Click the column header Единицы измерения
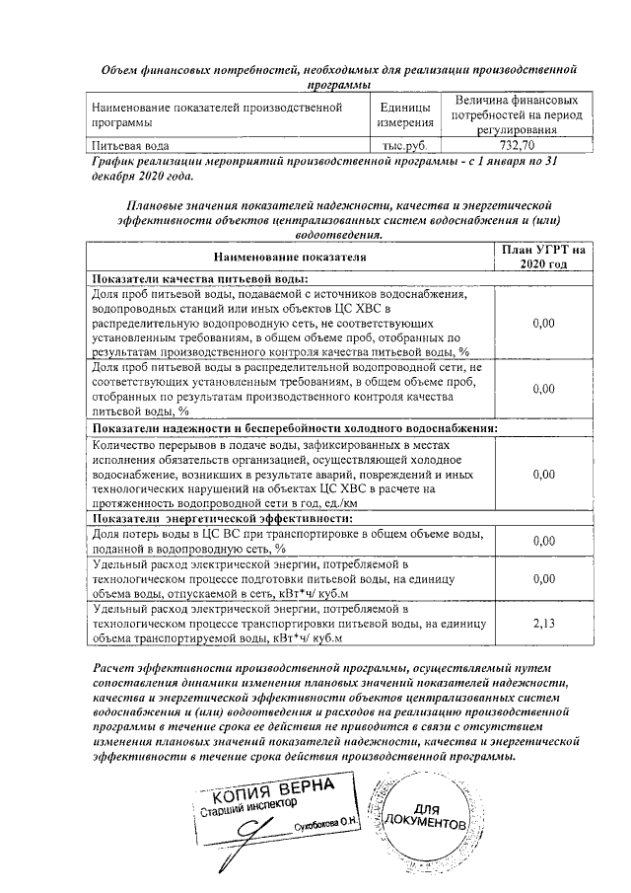[x=405, y=114]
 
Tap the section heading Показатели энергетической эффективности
[x=223, y=517]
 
